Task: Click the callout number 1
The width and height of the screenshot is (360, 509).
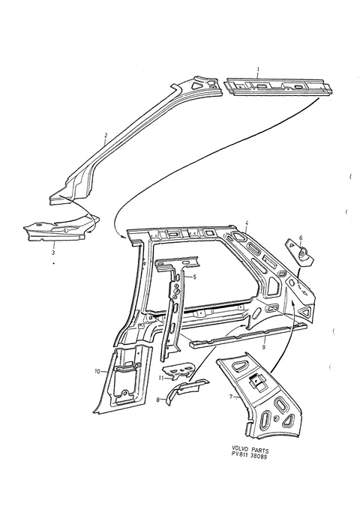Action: coord(258,69)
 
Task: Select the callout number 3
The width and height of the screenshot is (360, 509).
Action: coord(53,252)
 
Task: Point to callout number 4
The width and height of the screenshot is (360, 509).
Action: coord(247,223)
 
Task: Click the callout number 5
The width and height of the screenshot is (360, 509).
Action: coord(194,277)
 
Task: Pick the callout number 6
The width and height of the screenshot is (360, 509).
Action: coord(301,238)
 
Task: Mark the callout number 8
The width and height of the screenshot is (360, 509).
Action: coord(158,400)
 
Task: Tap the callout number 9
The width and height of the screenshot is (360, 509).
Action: coord(263,347)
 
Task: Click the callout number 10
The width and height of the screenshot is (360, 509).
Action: coord(97,372)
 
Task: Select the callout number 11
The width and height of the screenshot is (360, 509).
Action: coord(161,378)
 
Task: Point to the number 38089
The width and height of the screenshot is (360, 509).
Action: coord(259,457)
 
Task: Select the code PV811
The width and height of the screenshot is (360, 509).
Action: coord(238,457)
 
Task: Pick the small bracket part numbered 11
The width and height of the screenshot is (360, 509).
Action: coord(179,371)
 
